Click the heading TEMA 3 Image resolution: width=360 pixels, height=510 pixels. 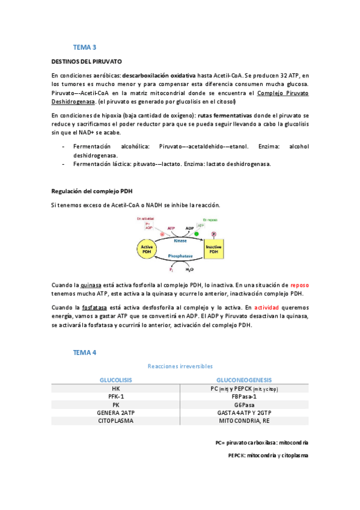tap(85, 46)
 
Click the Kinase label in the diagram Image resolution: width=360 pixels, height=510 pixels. tap(180, 241)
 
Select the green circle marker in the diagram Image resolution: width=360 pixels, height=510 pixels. tap(197, 233)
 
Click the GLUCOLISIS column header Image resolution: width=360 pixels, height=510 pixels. tap(116, 381)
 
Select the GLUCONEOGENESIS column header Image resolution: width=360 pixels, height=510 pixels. tap(244, 381)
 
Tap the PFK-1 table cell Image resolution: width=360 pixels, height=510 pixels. tap(116, 397)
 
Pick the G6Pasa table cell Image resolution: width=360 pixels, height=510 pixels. tap(244, 405)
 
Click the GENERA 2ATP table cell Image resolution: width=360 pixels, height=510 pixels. tap(116, 413)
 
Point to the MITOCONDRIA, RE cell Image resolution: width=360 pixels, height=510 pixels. tap(244, 421)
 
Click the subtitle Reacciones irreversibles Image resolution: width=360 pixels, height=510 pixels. tap(180, 366)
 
